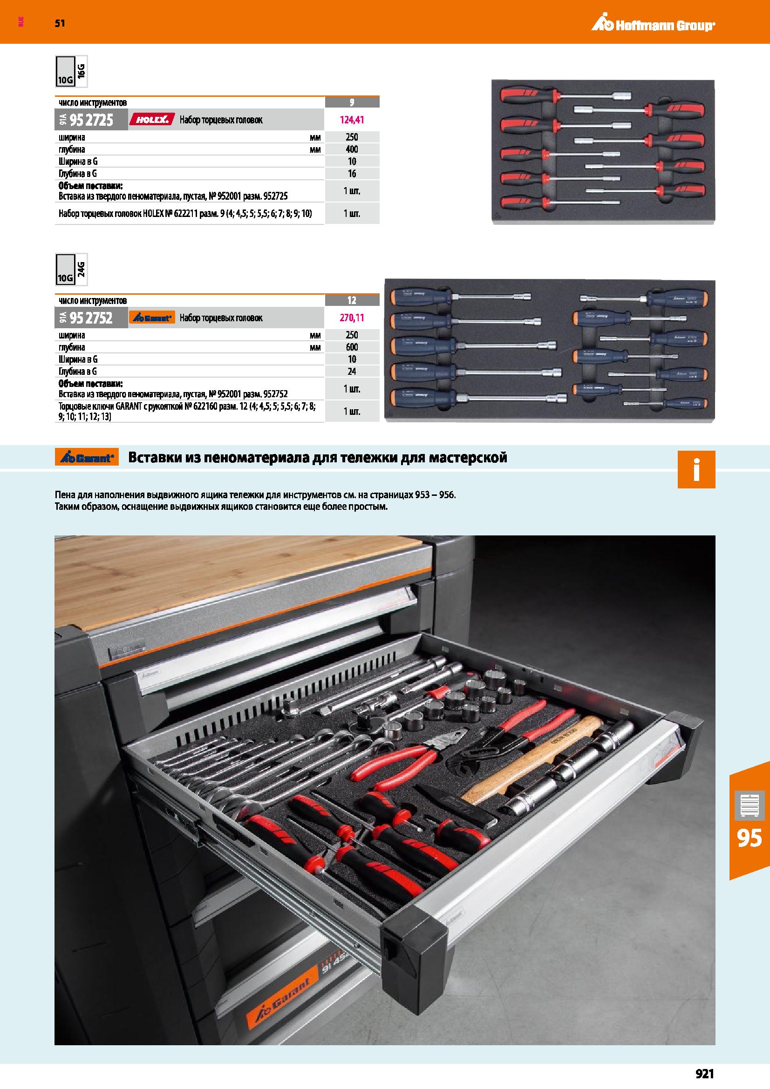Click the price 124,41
coord(352,120)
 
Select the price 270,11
coord(352,318)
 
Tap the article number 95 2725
coord(92,120)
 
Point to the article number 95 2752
coord(92,318)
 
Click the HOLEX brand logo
coord(152,120)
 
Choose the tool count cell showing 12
coord(352,300)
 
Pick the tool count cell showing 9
coord(352,102)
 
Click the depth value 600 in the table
coord(352,347)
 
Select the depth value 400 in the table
coord(352,149)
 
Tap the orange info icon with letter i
coord(696,470)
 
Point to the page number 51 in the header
coord(60,23)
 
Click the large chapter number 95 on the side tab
coord(750,838)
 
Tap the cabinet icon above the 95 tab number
coord(750,805)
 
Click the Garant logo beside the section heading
coord(87,458)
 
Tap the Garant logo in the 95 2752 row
coord(152,318)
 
